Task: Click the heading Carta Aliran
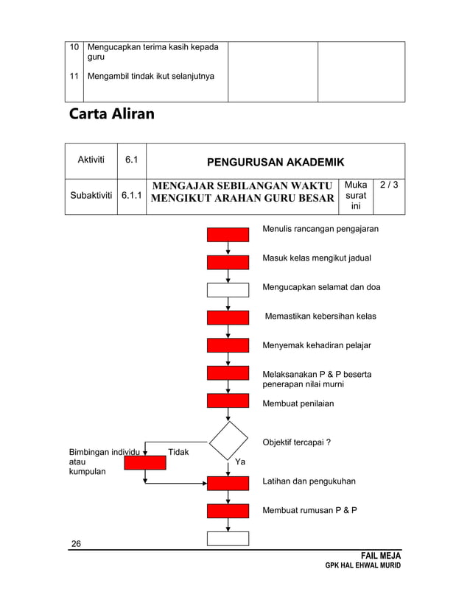coord(111,116)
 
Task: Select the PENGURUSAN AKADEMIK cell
coord(276,161)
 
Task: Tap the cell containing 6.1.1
coord(133,197)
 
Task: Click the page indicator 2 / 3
coord(390,185)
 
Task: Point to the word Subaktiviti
coord(91,197)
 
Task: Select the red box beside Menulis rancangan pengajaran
coord(228,235)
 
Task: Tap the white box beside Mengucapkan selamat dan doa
coord(228,289)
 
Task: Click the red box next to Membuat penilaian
coord(228,401)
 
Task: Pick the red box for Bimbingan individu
coord(144,462)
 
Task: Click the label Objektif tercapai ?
coord(296,442)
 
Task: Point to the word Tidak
coord(178,452)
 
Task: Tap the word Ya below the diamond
coord(240,462)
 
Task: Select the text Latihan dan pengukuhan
coord(309,481)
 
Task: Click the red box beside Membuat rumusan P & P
coord(228,511)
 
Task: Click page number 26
coord(76,544)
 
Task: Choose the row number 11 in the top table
coord(74,76)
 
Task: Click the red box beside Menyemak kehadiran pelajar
coord(228,345)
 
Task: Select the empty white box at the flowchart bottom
coord(228,538)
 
